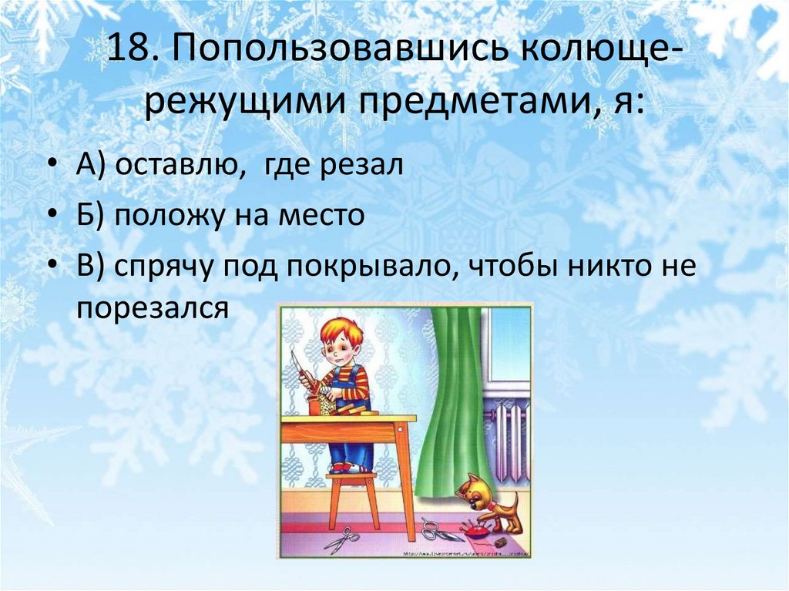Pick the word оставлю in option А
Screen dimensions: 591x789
pos(170,167)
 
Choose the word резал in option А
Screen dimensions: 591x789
pos(366,167)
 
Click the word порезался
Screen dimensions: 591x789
pos(153,308)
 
